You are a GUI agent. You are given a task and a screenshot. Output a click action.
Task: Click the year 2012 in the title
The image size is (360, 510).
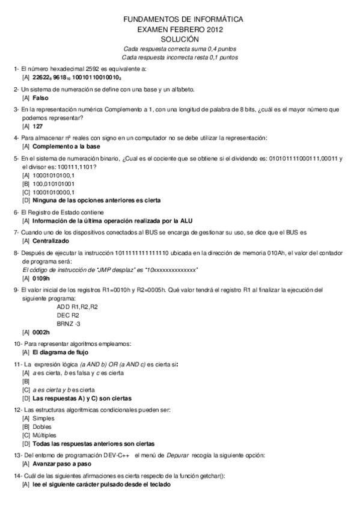click(218, 29)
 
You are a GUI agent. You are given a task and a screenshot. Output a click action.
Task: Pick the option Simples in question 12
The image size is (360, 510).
click(43, 418)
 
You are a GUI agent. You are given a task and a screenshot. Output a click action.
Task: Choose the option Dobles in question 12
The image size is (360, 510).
click(43, 426)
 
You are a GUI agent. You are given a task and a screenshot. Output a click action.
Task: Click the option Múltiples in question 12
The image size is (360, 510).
click(44, 435)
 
